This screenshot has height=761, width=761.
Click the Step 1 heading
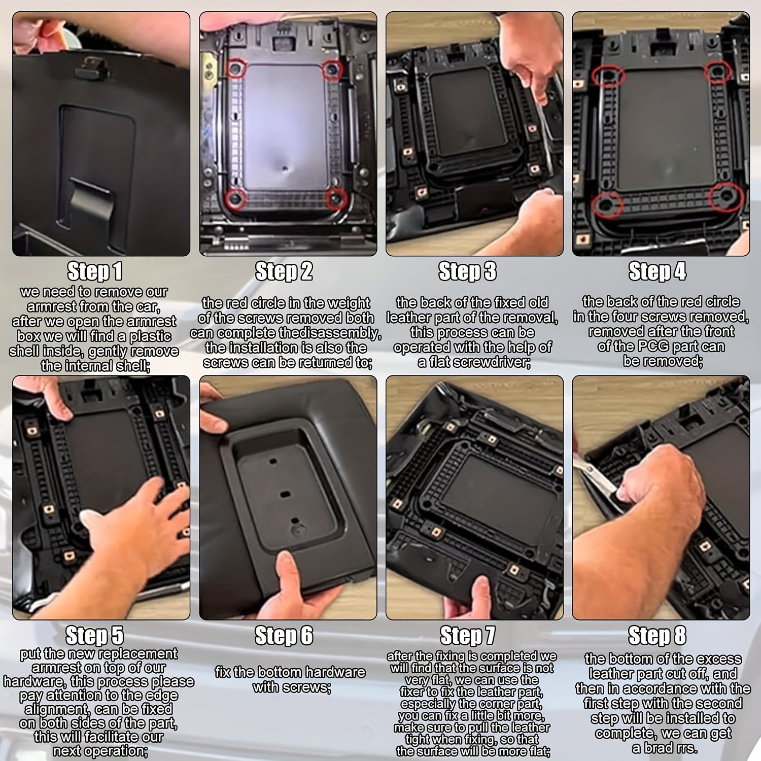[95, 271]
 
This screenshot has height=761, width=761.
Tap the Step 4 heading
[657, 271]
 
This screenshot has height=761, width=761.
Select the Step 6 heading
[284, 636]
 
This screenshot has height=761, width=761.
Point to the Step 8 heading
[657, 635]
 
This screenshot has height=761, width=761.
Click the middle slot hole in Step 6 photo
[285, 493]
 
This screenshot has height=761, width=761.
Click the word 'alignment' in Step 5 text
[56, 709]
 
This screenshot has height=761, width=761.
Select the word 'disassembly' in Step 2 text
[346, 333]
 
